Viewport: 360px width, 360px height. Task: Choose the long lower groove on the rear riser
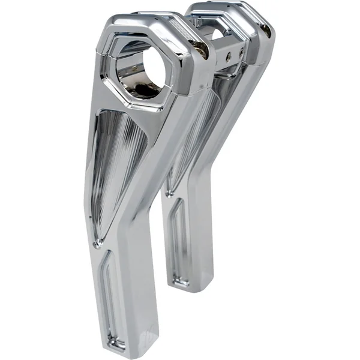pyautogui.click(x=179, y=240)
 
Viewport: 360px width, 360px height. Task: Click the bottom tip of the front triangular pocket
pyautogui.click(x=98, y=241)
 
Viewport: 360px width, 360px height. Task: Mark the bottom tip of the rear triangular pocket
pyautogui.click(x=170, y=192)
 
